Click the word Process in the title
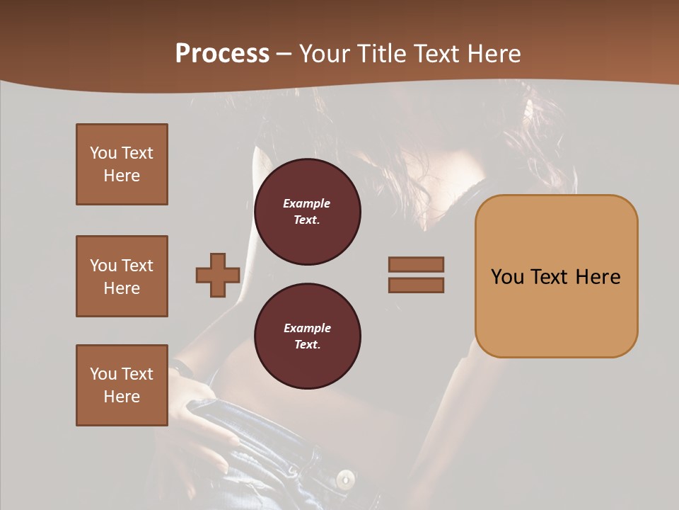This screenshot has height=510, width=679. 222,54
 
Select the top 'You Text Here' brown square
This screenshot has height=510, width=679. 122,164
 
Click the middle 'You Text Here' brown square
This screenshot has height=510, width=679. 122,276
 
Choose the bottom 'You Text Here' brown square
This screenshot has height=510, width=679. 122,385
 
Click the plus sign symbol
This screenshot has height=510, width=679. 218,275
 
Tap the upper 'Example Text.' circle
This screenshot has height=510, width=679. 307,212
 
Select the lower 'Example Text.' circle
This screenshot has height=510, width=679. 307,336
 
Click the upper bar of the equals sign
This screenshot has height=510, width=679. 417,264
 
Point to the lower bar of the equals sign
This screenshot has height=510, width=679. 417,285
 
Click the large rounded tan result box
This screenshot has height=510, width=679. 556,276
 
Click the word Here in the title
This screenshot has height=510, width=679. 493,54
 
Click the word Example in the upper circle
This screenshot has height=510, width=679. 307,203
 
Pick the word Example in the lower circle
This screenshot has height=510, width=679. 307,328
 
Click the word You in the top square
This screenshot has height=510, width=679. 103,153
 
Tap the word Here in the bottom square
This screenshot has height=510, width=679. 122,397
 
